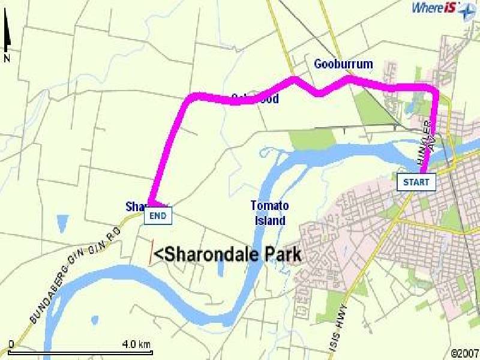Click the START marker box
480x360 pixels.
416,182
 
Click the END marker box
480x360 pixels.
158,216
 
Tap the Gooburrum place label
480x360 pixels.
343,64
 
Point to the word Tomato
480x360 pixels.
269,206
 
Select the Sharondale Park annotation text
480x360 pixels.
227,254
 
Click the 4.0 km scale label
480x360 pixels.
136,344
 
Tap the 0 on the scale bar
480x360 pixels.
11,344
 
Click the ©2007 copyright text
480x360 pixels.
466,352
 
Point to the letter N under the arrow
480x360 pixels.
7,58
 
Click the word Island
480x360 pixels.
269,220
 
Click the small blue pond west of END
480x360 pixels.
62,223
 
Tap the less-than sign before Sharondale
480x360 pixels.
158,255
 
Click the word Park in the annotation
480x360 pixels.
281,254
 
